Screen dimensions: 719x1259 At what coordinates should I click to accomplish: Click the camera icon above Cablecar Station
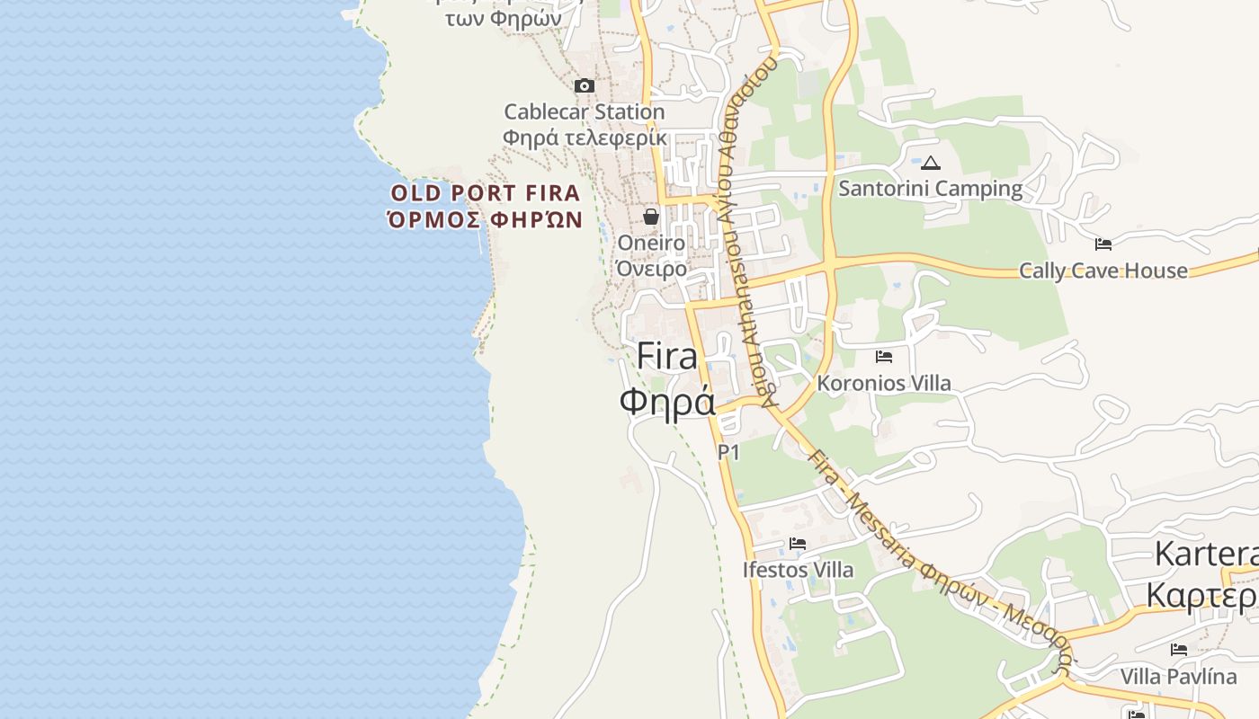585,86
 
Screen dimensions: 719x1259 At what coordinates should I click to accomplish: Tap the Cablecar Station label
585,112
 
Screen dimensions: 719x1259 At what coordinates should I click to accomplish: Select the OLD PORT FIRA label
486,193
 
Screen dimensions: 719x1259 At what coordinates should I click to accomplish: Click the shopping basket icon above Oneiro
651,217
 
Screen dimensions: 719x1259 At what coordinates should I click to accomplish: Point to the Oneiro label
651,243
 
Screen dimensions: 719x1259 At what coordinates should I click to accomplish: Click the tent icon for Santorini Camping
931,164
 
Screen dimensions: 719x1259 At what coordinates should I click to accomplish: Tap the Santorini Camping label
931,189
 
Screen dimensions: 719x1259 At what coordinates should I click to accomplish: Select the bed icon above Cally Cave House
1103,244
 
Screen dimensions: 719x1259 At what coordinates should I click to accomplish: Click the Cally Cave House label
1103,271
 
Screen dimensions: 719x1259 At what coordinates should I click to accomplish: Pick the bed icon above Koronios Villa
884,357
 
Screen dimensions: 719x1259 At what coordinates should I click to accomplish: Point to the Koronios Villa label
884,383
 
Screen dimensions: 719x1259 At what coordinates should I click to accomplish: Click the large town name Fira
667,357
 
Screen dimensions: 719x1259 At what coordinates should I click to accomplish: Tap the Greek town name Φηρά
667,401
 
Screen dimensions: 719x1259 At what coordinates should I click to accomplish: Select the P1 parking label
728,452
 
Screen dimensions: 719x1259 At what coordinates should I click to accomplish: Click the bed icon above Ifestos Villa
798,544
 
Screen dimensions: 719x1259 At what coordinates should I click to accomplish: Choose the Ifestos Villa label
798,570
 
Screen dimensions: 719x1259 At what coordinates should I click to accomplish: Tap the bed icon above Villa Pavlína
1179,650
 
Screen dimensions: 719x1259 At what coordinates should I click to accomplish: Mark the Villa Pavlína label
1179,676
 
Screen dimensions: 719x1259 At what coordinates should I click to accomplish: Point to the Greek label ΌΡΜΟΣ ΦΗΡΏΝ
486,219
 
